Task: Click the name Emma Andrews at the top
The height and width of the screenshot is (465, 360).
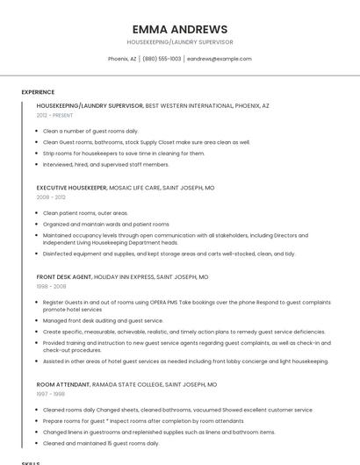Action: click(179, 29)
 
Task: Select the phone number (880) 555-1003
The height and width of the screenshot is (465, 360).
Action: click(162, 59)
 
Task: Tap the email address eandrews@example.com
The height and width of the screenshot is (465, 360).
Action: click(219, 59)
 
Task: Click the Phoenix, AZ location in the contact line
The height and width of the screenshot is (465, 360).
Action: click(122, 59)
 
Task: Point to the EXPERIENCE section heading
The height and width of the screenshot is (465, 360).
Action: click(38, 91)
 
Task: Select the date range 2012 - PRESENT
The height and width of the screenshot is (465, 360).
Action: click(54, 115)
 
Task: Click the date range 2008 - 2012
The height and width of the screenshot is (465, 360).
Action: click(51, 197)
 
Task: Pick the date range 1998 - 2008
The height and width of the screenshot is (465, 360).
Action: click(51, 286)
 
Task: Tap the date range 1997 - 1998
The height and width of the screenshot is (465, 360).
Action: click(51, 394)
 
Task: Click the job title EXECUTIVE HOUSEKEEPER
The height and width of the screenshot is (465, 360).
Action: click(71, 188)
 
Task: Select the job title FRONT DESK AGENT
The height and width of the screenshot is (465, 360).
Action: click(64, 276)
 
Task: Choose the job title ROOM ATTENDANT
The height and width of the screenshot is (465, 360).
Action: click(64, 384)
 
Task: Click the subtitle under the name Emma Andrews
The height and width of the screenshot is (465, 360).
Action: click(179, 42)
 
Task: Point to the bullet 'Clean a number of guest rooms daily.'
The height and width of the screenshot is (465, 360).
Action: click(90, 131)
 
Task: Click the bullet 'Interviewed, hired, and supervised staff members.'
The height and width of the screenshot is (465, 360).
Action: click(105, 164)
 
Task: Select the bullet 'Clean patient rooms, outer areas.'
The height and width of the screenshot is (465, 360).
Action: click(85, 212)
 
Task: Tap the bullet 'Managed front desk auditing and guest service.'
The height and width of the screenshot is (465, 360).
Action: click(103, 320)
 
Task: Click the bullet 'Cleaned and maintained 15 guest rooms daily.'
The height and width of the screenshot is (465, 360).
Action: click(100, 443)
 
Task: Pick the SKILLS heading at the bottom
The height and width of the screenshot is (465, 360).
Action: click(31, 462)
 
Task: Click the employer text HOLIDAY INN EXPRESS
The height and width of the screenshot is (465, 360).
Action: click(124, 276)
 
